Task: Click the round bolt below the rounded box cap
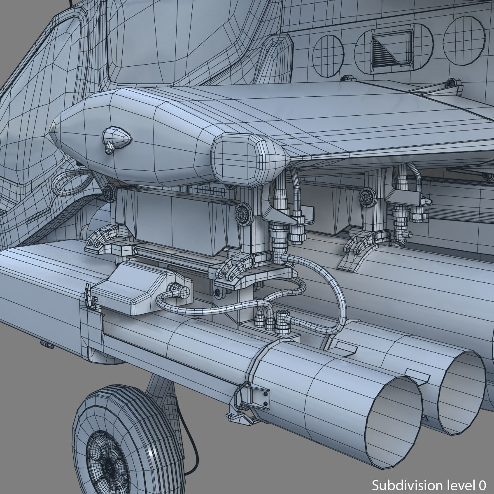pos(242,212)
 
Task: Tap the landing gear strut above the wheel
pos(158,385)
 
